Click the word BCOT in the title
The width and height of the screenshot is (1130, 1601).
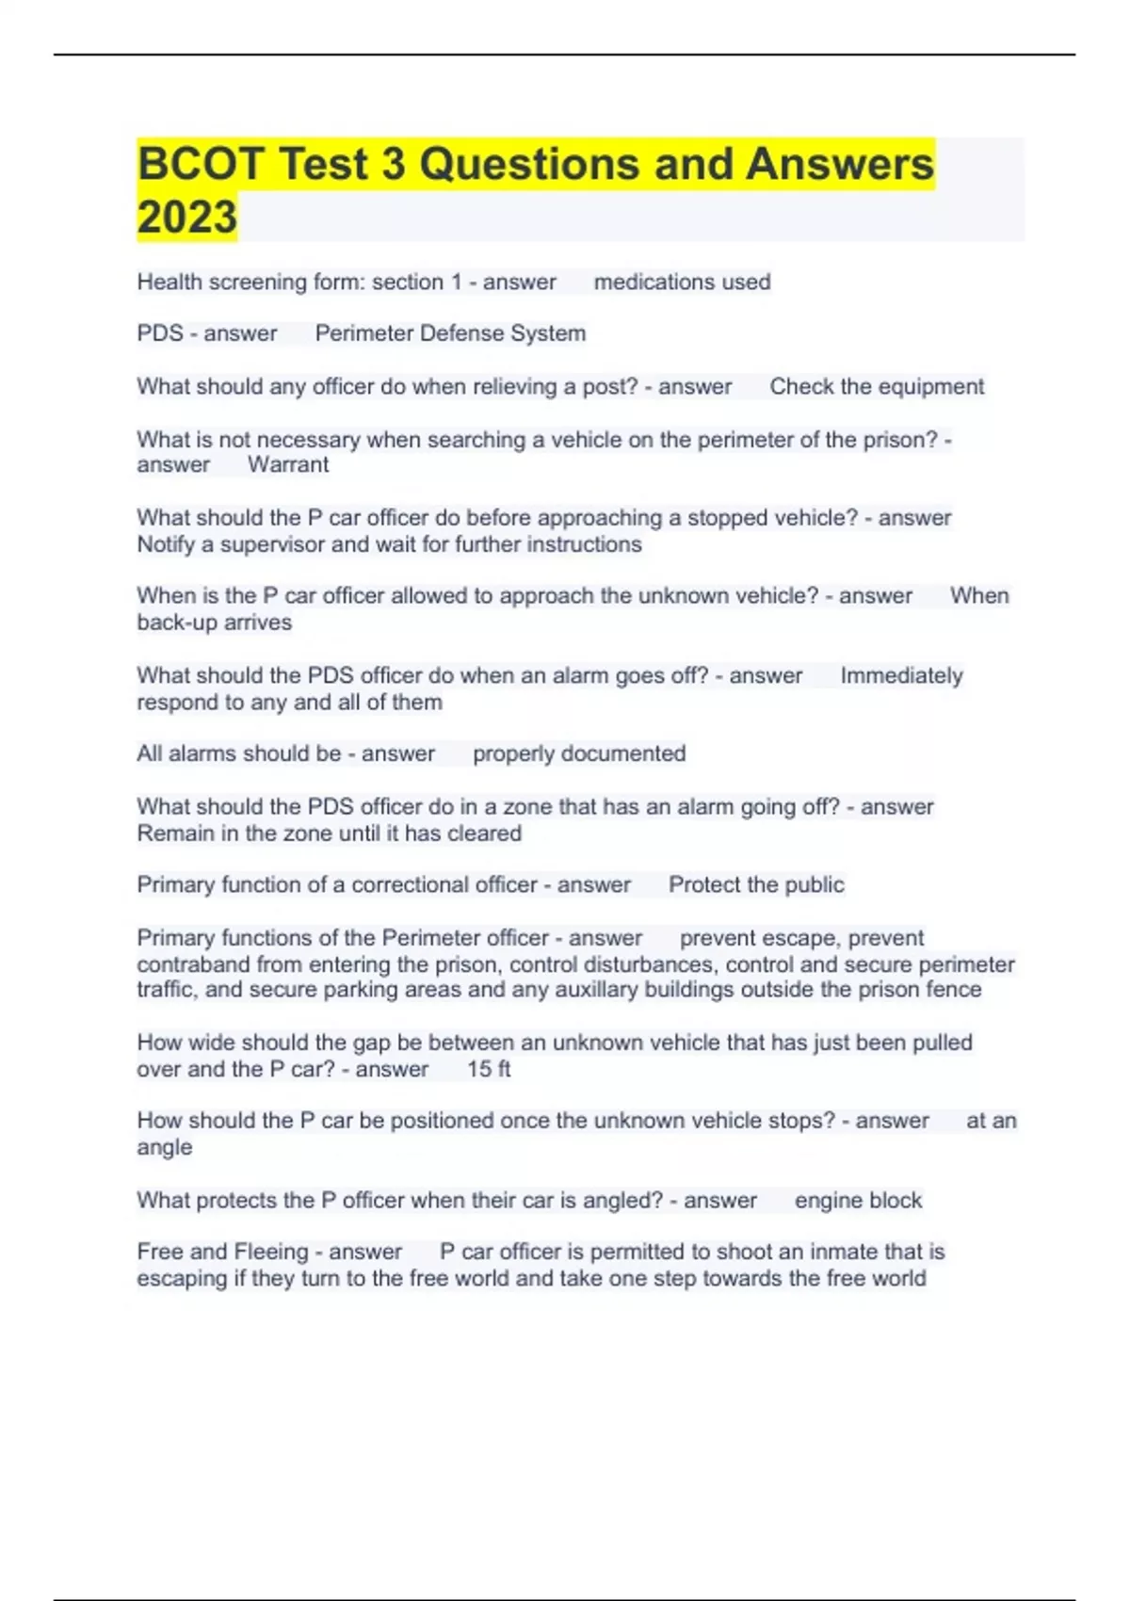click(x=200, y=164)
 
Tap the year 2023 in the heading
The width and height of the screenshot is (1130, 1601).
click(x=187, y=218)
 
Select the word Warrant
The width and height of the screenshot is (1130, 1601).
click(x=288, y=464)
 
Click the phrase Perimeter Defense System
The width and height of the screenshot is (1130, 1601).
click(x=450, y=333)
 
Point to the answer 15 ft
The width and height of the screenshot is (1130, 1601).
click(x=489, y=1069)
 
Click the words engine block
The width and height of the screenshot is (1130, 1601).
click(x=858, y=1200)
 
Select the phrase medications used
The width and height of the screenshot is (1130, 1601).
click(x=682, y=282)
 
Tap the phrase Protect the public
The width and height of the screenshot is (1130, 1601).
click(x=756, y=884)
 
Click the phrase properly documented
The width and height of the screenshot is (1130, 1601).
click(x=579, y=753)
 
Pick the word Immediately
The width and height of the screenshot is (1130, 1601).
click(x=901, y=675)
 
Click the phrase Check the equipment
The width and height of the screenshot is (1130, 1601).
click(x=877, y=386)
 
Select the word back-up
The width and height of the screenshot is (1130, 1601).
click(x=176, y=623)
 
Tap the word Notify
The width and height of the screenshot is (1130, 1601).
click(x=166, y=544)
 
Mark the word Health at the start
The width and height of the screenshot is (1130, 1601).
click(x=169, y=282)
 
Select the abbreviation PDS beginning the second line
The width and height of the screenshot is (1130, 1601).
click(x=160, y=333)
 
